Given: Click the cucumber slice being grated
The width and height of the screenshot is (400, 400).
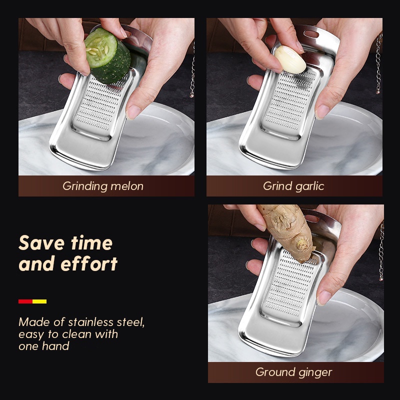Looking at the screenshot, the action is tap(107, 55).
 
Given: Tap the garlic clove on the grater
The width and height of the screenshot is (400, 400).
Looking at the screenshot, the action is tap(290, 59).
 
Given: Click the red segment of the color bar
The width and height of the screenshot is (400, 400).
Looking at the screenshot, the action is tap(25, 301).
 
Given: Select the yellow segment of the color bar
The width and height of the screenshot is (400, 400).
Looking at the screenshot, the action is tap(39, 301).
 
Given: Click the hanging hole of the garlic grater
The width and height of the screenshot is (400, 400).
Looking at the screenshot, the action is tap(311, 34).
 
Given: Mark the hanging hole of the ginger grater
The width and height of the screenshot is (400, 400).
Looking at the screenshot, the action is tap(311, 218).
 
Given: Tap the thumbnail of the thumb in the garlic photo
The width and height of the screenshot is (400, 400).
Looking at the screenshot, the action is tap(322, 111).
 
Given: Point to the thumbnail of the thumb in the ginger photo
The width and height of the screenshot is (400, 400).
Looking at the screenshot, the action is tap(323, 297).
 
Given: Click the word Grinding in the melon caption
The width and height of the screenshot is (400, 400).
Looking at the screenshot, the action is tap(85, 186).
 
